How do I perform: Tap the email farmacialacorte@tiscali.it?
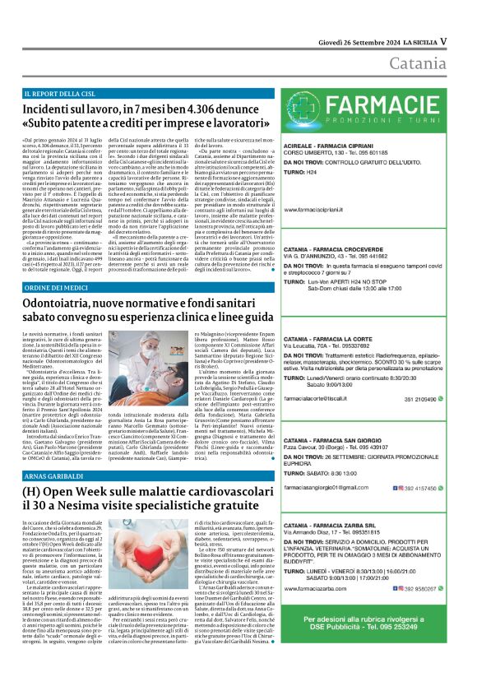326,397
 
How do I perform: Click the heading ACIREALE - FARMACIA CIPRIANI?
332,145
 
